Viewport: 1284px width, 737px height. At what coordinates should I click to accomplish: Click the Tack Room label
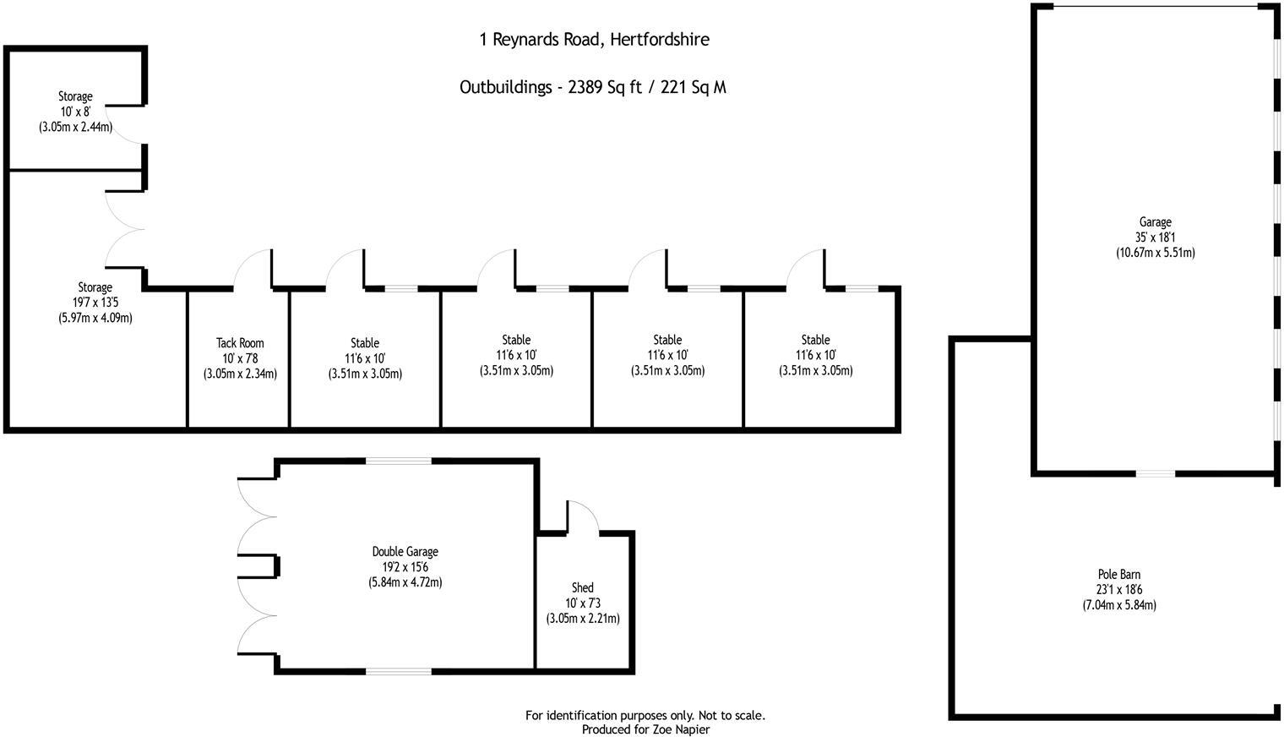click(x=240, y=343)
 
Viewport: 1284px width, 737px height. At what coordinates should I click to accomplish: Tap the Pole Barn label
click(x=1119, y=575)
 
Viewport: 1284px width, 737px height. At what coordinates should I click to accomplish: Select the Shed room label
click(x=583, y=587)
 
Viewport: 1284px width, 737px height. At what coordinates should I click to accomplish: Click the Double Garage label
click(x=405, y=552)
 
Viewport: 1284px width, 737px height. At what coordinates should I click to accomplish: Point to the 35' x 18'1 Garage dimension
click(x=1155, y=237)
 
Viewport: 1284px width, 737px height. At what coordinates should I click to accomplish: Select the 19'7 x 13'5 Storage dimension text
click(x=95, y=303)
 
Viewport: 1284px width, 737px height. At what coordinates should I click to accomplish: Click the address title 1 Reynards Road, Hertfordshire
click(x=594, y=39)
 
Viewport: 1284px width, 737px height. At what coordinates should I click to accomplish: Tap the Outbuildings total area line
click(x=592, y=87)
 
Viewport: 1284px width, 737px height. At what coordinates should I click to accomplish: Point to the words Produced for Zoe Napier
click(x=645, y=729)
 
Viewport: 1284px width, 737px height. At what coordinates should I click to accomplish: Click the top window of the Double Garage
click(x=399, y=461)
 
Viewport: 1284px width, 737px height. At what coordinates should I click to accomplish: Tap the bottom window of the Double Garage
click(x=399, y=671)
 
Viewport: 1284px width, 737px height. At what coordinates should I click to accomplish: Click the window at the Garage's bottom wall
click(x=1155, y=473)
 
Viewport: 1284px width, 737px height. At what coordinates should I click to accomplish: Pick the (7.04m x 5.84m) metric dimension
click(x=1119, y=605)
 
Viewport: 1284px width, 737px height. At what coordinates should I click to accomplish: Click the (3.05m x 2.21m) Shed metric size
click(x=583, y=618)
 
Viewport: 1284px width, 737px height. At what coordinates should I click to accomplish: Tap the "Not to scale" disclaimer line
click(x=645, y=715)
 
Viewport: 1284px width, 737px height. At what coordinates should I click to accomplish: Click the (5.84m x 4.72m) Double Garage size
click(x=405, y=582)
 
